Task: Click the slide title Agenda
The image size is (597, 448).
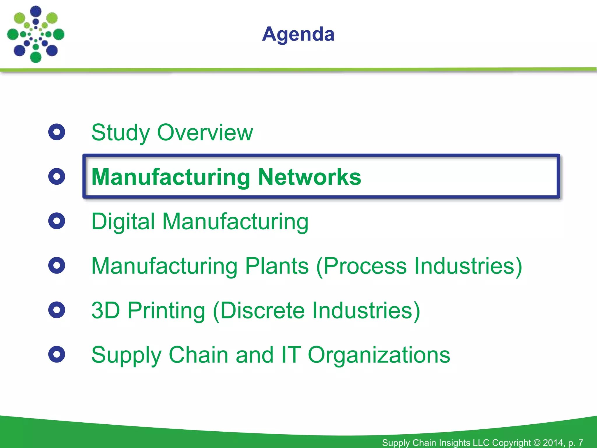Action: coord(298,34)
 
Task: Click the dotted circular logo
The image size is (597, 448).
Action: coord(36,34)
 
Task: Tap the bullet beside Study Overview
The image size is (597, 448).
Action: coord(57,132)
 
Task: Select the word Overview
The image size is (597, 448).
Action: coord(205,133)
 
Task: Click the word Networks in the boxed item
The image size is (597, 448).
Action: coord(309,177)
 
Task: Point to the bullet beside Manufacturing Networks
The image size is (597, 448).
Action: coord(57,176)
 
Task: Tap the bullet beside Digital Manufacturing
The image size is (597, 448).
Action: coord(57,221)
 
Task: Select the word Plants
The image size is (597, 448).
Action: coord(277,266)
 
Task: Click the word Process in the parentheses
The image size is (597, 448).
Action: coord(365,266)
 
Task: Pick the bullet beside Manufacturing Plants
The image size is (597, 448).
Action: coord(57,265)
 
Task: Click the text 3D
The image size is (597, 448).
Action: coord(106,310)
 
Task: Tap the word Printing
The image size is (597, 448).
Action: coord(166,311)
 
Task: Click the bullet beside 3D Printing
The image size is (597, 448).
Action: coord(57,310)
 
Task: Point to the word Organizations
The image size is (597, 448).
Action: coord(379,355)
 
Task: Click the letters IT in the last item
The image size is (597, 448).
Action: coord(290,355)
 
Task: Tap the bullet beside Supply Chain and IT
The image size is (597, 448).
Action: coord(57,354)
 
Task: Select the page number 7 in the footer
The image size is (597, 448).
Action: coord(580,442)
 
